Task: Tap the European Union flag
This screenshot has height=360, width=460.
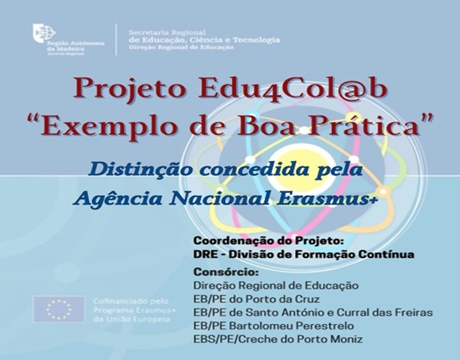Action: [x=59, y=309]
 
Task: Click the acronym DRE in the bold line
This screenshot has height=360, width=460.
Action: [x=205, y=256]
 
